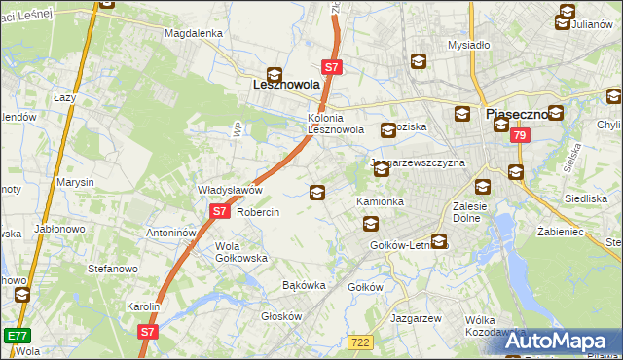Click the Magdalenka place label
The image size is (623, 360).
(195, 32)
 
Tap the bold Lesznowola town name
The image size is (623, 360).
(280, 85)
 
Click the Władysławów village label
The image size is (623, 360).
(231, 190)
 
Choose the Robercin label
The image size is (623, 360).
(258, 212)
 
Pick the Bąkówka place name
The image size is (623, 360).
(303, 285)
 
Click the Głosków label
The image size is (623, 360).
(283, 316)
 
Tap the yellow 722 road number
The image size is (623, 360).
(360, 341)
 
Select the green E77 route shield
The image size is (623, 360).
(16, 336)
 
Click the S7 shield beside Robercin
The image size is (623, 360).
(219, 211)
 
